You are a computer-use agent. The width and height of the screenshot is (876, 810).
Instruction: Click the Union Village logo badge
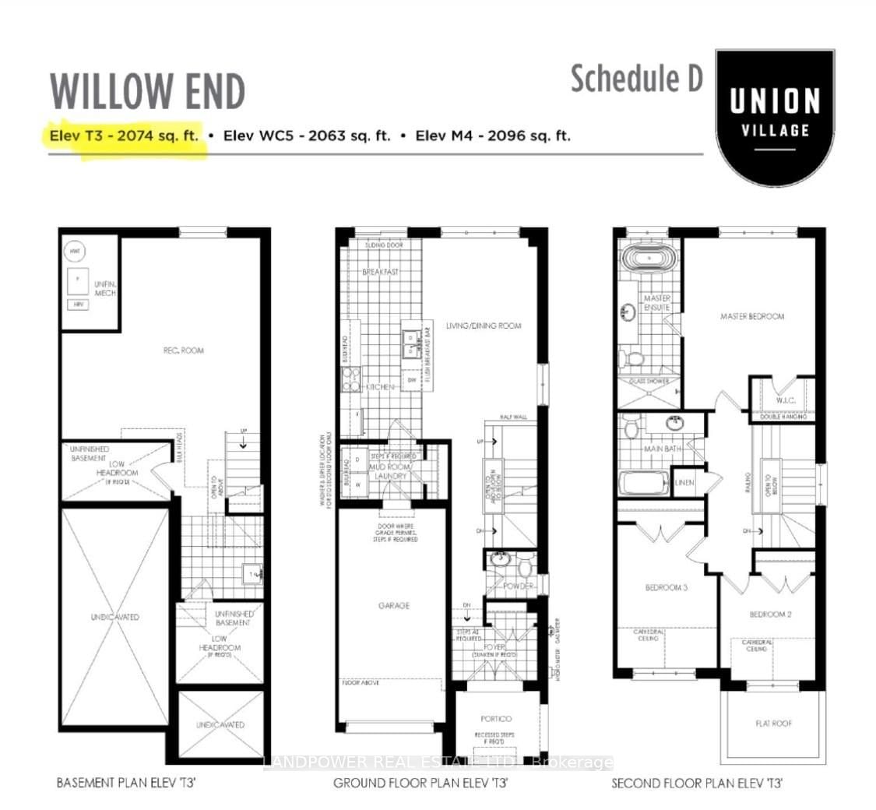[774, 113]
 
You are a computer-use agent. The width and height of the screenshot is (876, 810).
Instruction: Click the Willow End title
[147, 92]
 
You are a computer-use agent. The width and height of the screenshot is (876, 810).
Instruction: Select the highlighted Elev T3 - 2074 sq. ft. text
[124, 136]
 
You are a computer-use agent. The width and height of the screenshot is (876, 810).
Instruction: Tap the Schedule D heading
[636, 78]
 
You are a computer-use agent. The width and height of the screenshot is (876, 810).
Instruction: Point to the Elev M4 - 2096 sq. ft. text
[493, 136]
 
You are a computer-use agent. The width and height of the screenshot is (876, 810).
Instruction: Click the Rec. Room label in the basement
[184, 350]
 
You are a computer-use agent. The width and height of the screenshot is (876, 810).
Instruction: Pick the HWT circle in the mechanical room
[76, 251]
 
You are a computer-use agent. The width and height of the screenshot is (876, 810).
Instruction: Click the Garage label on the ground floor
[395, 605]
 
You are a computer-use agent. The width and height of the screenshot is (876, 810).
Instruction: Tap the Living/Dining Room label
[483, 326]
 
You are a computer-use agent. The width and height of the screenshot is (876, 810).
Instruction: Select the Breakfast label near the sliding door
[380, 272]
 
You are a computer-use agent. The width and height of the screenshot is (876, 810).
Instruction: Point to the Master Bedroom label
[751, 316]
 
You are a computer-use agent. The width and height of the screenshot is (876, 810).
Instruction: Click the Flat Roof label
[773, 724]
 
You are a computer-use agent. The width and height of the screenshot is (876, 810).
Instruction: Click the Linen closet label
[685, 483]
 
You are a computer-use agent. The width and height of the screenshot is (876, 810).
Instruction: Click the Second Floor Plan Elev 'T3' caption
[697, 783]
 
